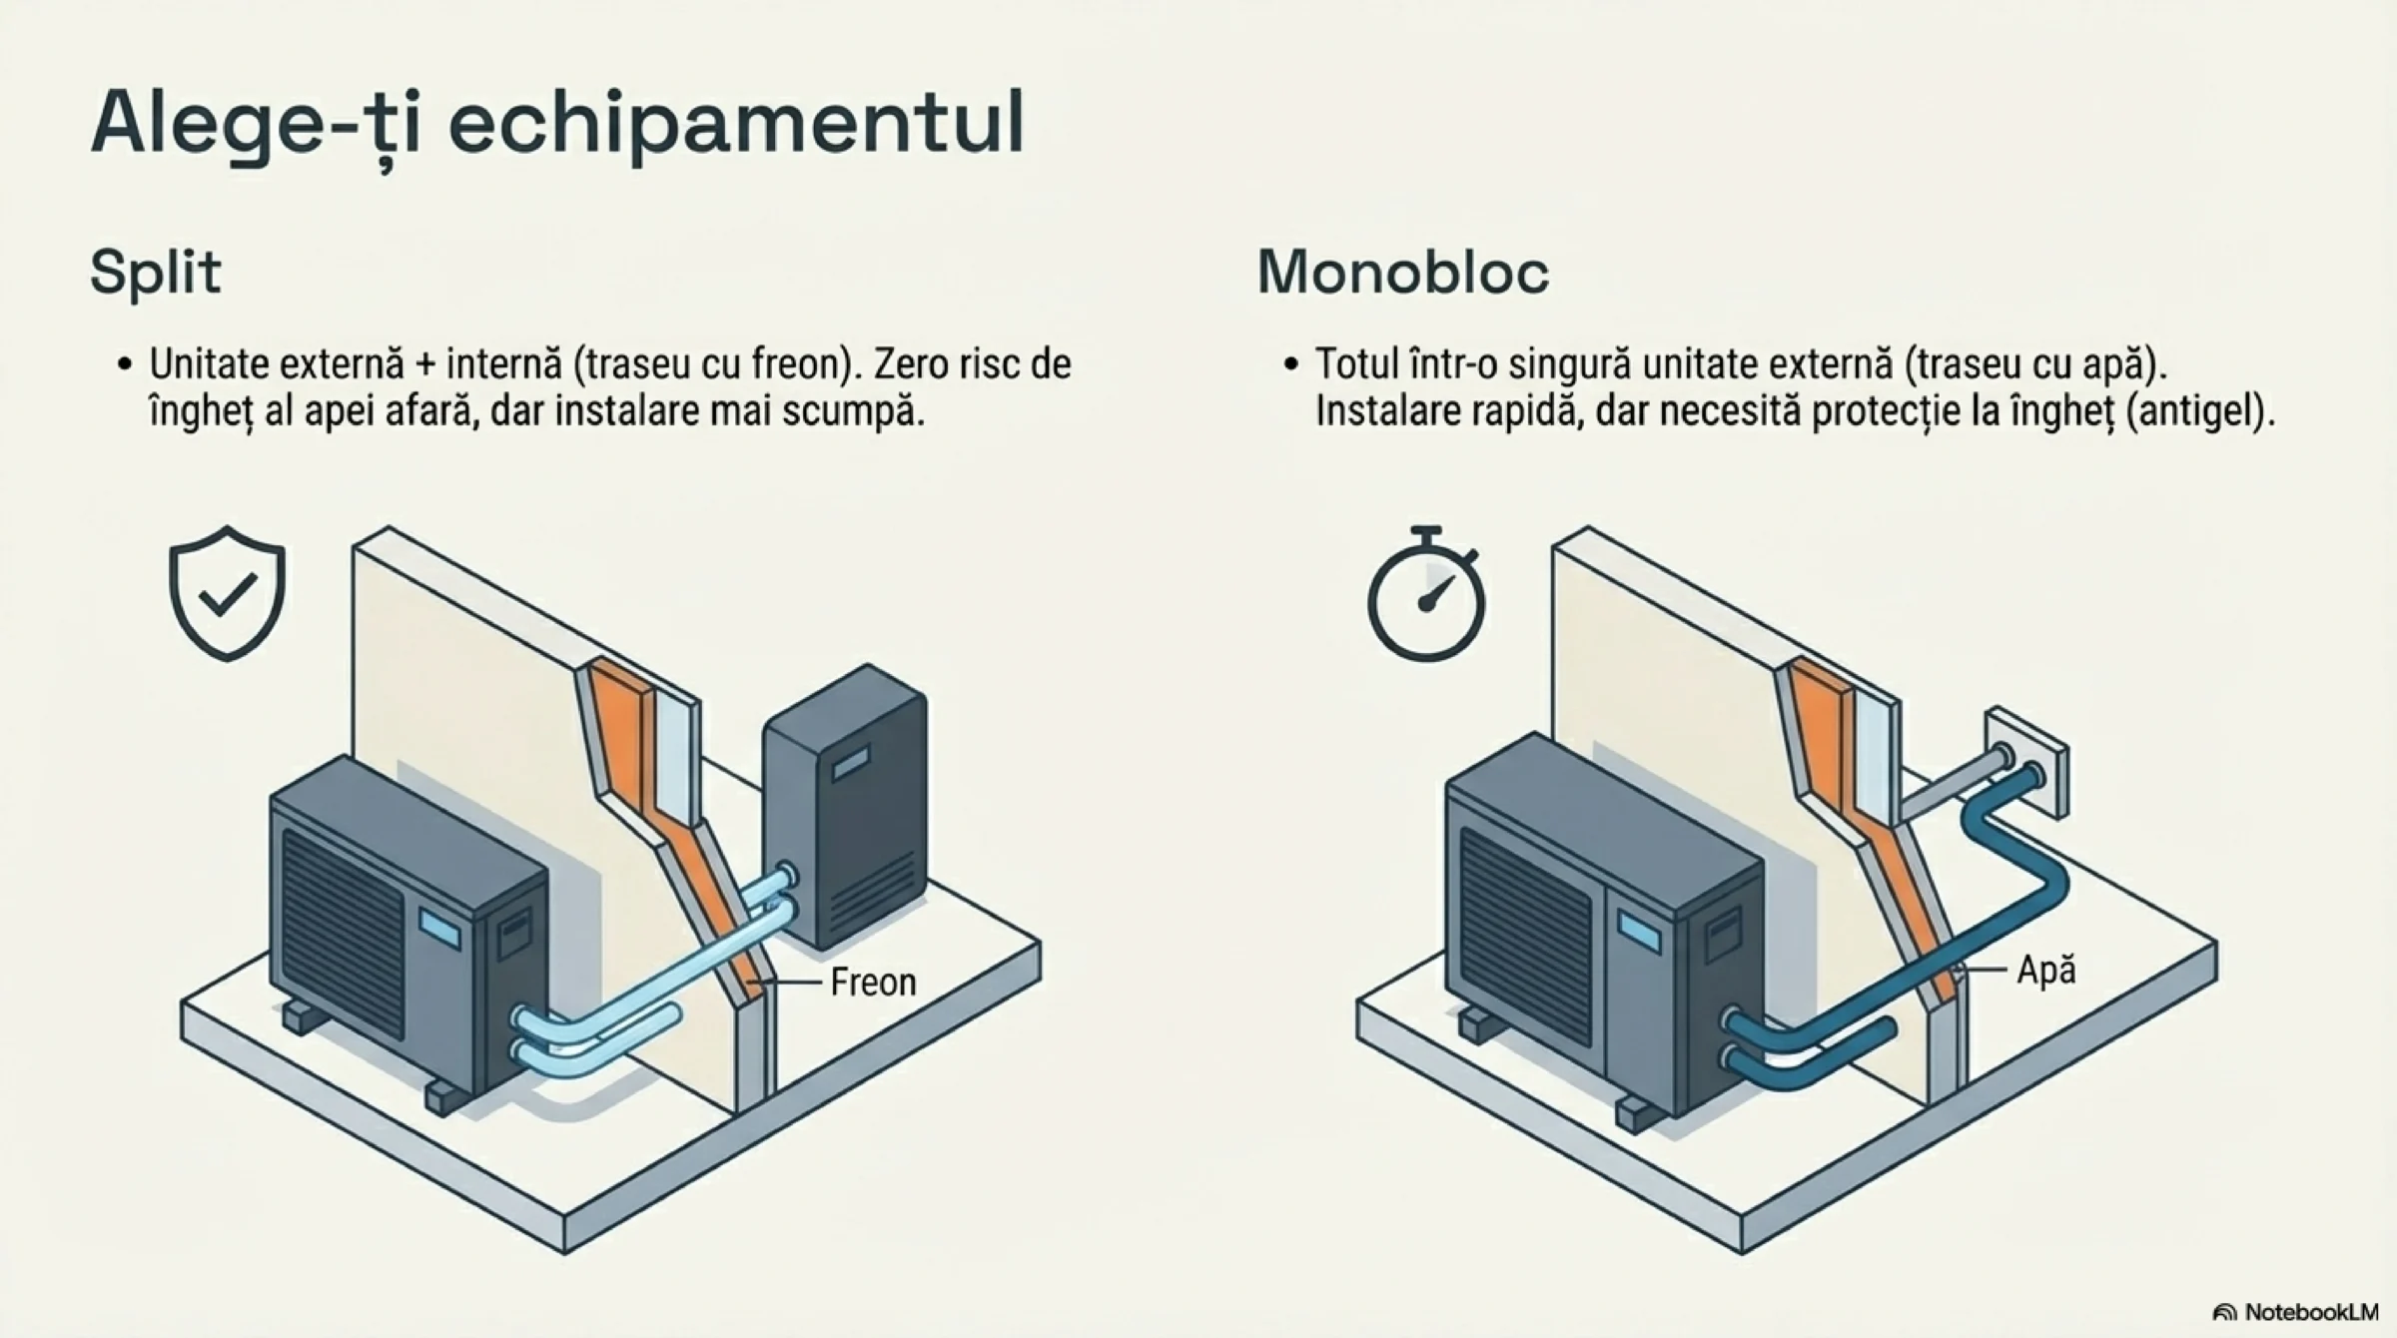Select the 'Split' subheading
tap(156, 273)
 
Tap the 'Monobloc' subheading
tap(1403, 271)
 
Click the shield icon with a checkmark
tap(228, 593)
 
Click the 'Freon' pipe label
tap(873, 983)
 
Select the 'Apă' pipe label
tap(2046, 970)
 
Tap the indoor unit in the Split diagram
tap(845, 806)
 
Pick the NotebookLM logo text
tap(2296, 1312)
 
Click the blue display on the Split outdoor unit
tap(439, 928)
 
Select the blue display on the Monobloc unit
tap(1639, 932)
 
